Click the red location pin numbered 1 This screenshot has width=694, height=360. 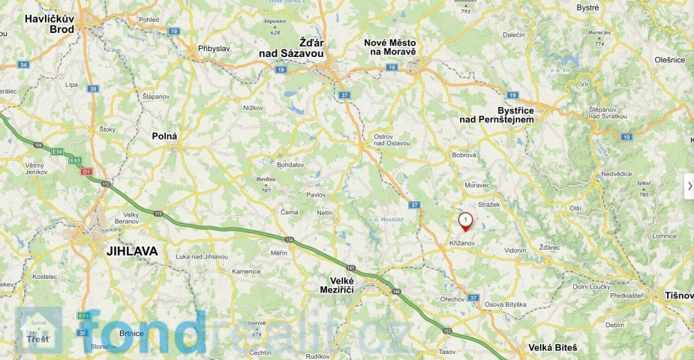[x=466, y=221]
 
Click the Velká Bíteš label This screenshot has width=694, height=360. [x=553, y=347]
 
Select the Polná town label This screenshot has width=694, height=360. [x=164, y=136]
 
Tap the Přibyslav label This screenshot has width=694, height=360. [x=214, y=48]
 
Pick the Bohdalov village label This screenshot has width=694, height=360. [x=290, y=164]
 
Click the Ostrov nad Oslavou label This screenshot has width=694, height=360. [x=392, y=139]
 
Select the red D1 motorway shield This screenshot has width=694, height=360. [x=86, y=172]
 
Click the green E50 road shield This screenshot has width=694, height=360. [x=58, y=151]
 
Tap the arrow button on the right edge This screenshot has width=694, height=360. [x=689, y=186]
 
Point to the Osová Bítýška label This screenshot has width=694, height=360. [x=505, y=304]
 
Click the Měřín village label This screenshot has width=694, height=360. [x=279, y=253]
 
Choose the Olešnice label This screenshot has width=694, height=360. [x=670, y=59]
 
